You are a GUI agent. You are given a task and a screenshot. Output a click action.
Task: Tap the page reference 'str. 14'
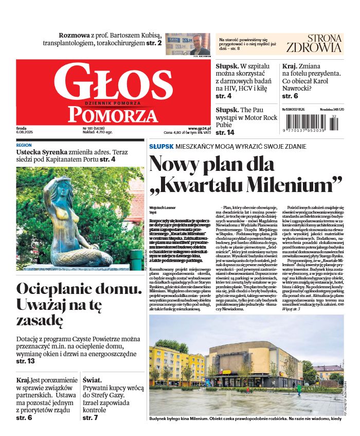[x=225, y=133]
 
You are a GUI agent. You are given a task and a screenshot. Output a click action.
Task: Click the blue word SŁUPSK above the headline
[x=161, y=147]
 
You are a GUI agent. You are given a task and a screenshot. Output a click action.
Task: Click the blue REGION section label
[x=24, y=146]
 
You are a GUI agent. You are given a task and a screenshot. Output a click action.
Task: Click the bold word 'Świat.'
[x=95, y=380]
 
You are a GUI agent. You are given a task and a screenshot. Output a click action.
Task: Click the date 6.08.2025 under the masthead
[x=25, y=133]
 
